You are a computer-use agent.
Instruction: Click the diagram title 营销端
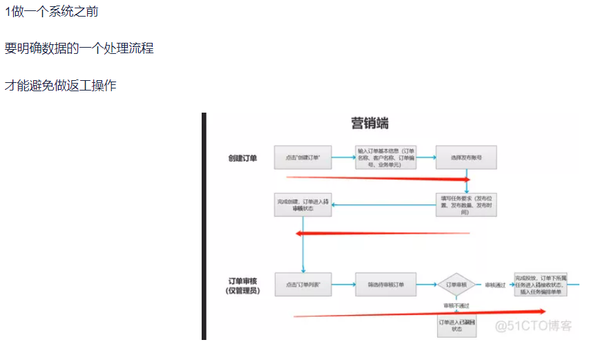click(369, 124)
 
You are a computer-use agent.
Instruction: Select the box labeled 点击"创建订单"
click(303, 158)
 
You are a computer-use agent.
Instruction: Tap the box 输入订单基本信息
click(386, 158)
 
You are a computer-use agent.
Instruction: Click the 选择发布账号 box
click(465, 158)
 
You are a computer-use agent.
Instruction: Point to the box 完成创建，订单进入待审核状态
click(302, 205)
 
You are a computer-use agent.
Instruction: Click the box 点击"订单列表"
click(302, 285)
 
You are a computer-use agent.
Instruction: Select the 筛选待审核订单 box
click(386, 285)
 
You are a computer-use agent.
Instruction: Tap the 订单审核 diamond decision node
click(456, 285)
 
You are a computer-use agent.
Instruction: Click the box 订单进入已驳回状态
click(456, 325)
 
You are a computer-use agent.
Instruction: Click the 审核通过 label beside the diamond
click(494, 285)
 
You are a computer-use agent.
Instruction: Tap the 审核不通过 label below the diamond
click(456, 305)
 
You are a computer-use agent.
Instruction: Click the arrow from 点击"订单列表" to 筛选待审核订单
click(343, 285)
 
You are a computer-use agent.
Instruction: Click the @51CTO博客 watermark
click(534, 325)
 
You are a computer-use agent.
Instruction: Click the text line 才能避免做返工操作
click(61, 86)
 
